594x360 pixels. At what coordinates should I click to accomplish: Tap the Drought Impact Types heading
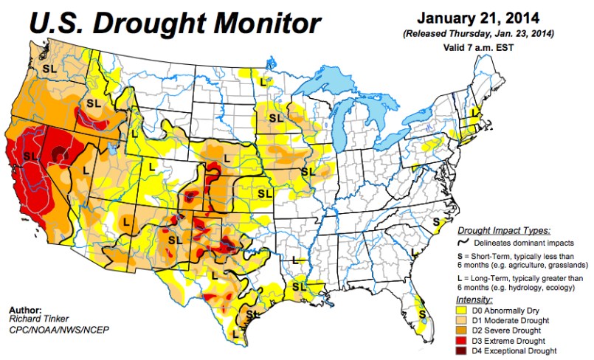(x=504, y=230)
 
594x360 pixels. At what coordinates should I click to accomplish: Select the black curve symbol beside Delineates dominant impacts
(x=466, y=240)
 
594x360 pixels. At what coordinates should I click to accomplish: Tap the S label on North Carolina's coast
(x=437, y=221)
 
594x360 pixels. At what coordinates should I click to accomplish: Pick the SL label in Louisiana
(x=298, y=285)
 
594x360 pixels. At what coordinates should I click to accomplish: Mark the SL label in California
(x=30, y=156)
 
